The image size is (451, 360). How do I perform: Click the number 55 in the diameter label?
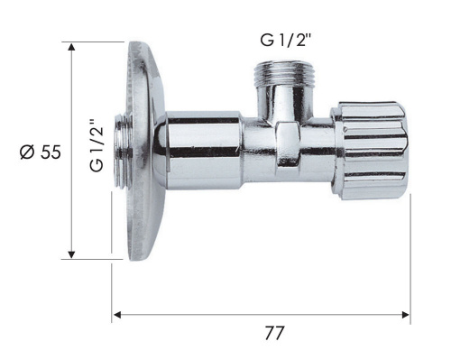[51, 152]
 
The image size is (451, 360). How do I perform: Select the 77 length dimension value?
[274, 334]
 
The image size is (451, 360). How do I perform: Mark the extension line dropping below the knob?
[410, 253]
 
